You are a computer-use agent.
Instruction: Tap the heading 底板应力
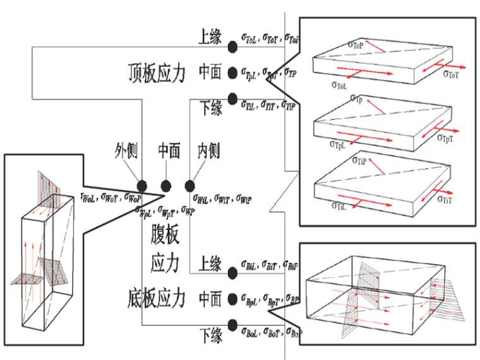(155, 296)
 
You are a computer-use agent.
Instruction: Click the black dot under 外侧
(143, 186)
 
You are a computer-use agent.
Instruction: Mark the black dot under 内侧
(189, 186)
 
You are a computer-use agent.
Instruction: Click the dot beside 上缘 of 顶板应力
(232, 46)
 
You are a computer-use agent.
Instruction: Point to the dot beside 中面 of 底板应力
(232, 298)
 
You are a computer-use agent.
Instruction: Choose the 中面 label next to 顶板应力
(210, 72)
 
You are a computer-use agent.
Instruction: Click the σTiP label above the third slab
(358, 161)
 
